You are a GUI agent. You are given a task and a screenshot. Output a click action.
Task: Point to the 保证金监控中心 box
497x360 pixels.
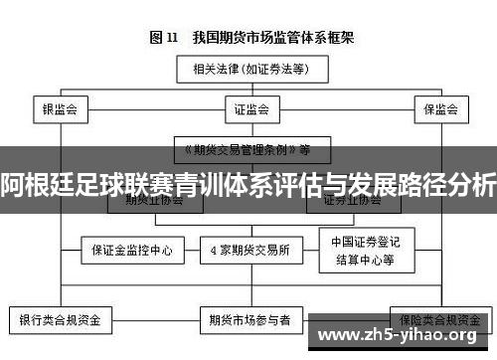[132, 250]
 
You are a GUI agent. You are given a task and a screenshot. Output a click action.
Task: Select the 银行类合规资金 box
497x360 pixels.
[60, 320]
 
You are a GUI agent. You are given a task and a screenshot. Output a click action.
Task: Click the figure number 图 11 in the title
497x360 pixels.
[163, 38]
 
